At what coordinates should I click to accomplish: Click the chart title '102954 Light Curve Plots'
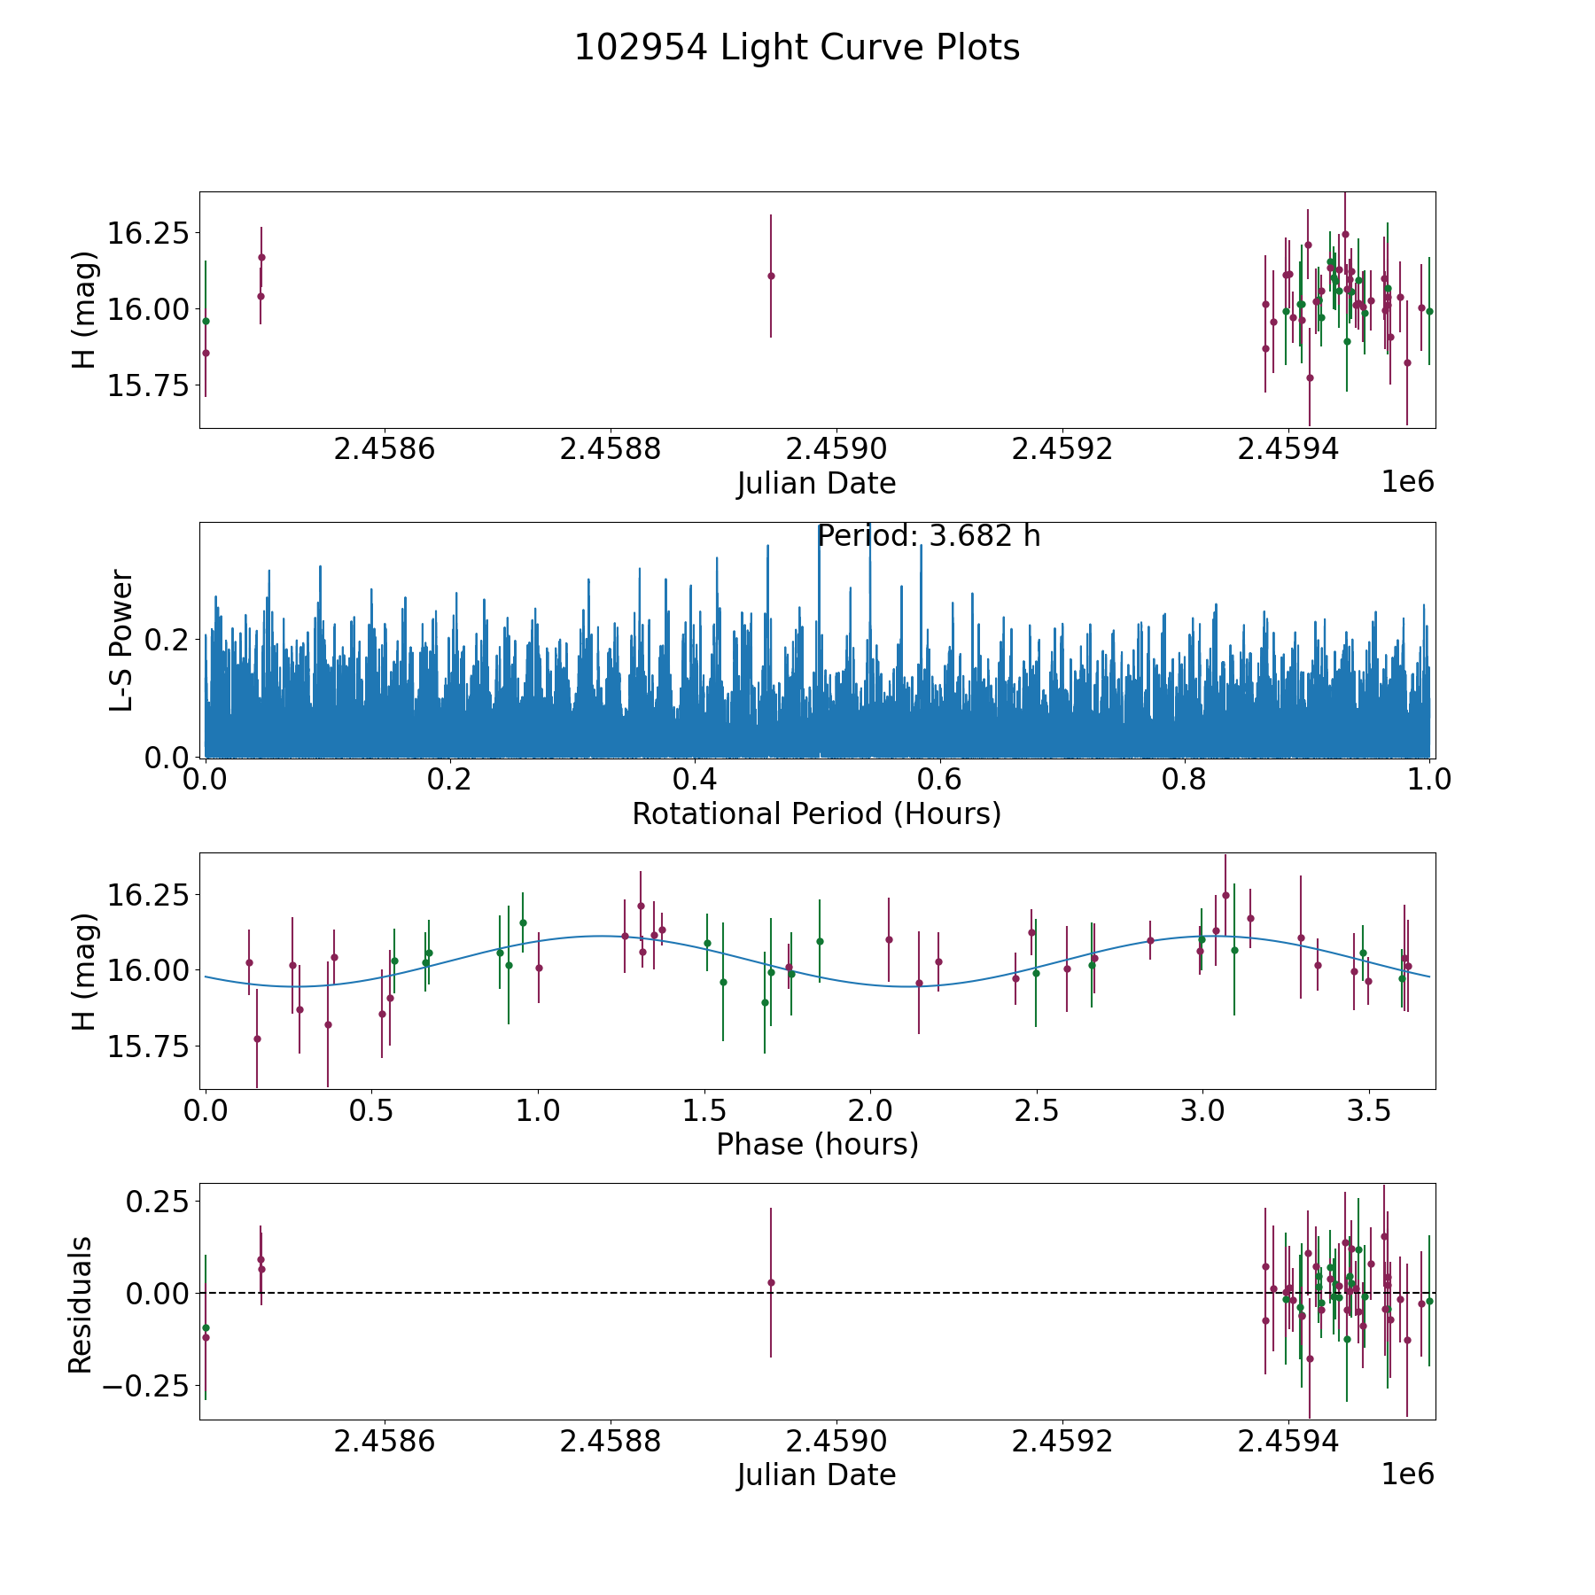(797, 48)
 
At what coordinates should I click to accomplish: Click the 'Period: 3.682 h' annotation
(928, 536)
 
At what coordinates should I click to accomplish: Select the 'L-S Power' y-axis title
(121, 640)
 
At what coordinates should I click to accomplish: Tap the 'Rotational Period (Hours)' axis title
(816, 813)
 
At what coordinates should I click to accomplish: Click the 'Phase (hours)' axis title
(816, 1144)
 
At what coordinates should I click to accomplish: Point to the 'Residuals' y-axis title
(81, 1304)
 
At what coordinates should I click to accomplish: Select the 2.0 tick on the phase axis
(870, 1110)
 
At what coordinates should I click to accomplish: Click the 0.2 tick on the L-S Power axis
(168, 640)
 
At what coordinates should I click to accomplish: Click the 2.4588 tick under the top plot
(611, 449)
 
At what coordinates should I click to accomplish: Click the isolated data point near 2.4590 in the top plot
(771, 276)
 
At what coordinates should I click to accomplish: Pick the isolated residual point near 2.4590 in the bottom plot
(771, 1282)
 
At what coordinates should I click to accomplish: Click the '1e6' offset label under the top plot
(1407, 483)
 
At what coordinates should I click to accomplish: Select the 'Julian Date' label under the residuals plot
(816, 1474)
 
